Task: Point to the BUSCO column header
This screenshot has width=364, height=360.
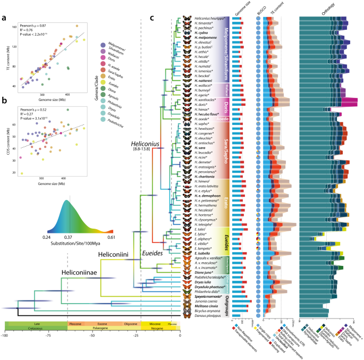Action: (258, 11)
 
